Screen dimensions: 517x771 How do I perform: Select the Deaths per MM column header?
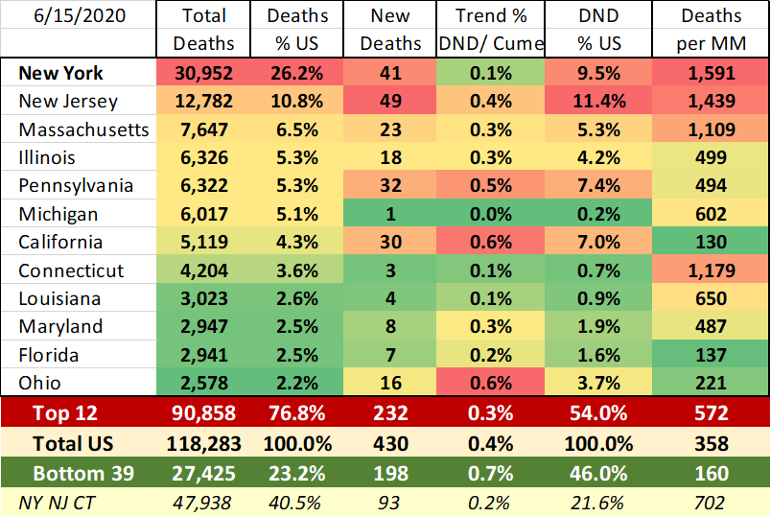point(711,30)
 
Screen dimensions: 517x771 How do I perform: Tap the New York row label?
point(60,73)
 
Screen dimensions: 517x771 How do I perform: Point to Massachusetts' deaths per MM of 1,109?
point(711,129)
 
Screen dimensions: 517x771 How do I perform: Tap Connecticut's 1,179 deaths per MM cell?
point(711,270)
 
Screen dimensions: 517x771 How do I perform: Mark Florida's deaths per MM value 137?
point(711,355)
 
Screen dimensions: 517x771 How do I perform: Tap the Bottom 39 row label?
point(81,474)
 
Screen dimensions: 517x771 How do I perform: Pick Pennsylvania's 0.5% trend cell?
point(489,186)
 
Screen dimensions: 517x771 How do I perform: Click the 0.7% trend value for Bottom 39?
point(489,474)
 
